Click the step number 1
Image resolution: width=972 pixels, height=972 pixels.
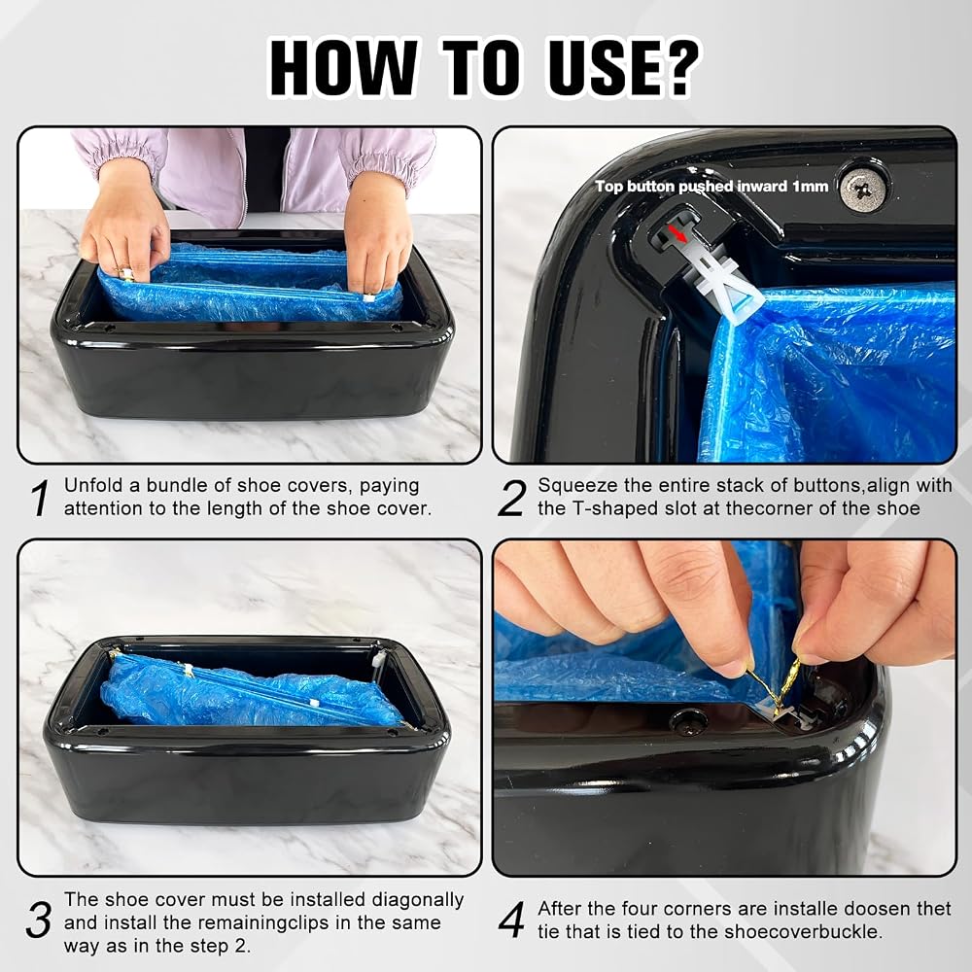point(41,498)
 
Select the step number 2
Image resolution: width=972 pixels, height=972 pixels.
point(512,498)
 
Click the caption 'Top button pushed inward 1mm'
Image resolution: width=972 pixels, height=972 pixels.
point(712,186)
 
